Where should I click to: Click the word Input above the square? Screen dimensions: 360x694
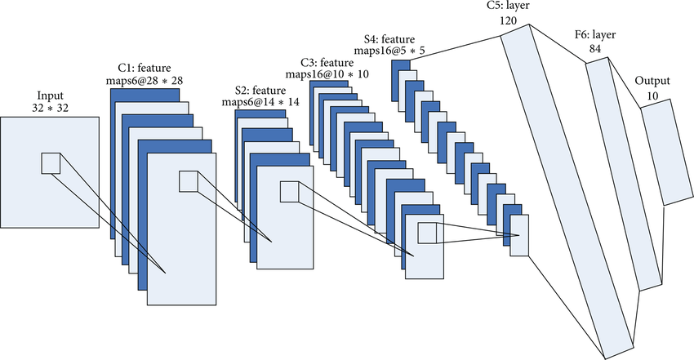coord(50,95)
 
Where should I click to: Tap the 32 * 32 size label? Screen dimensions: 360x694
coord(50,108)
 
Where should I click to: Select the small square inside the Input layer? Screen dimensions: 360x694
coord(51,162)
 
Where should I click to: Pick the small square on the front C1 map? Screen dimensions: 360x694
coord(188,181)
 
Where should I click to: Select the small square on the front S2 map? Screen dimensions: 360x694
coord(290,192)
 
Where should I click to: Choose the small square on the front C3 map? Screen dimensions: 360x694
coord(427,233)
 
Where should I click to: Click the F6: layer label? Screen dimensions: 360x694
coord(598,36)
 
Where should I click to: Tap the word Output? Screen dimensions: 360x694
coord(652,82)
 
